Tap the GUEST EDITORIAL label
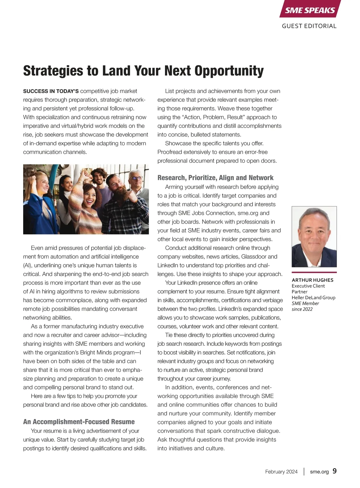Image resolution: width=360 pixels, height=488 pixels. coord(309,26)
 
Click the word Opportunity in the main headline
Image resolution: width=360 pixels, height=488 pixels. coord(229,71)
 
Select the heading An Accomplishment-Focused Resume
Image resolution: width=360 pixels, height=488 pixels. coord(79,422)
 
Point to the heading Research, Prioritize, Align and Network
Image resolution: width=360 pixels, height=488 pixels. coord(215,178)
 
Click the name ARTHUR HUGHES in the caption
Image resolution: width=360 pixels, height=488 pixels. coord(312,280)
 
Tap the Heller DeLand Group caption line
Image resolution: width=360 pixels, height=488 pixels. coord(313,297)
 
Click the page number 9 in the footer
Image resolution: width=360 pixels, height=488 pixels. coord(334,471)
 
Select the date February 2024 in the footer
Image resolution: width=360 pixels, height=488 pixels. coord(281,472)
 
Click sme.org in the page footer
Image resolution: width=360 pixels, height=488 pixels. coord(319,472)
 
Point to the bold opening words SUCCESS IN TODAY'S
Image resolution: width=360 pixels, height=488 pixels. coord(51,91)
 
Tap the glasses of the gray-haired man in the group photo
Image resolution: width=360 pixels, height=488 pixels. coord(136,178)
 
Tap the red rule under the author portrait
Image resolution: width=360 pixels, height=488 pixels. coord(314,272)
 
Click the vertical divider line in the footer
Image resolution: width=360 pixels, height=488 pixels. coord(304,471)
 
